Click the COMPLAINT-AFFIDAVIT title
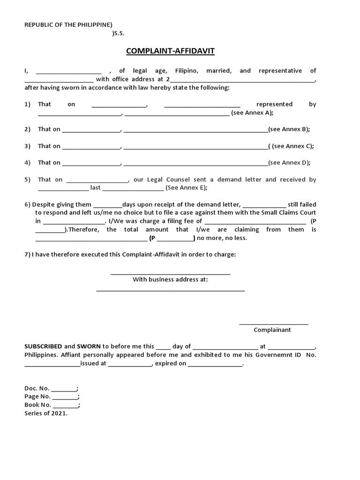pyautogui.click(x=170, y=51)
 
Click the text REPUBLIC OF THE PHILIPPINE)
pyautogui.click(x=68, y=24)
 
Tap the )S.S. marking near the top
pyautogui.click(x=119, y=33)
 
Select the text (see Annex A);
pyautogui.click(x=253, y=112)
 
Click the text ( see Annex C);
pyautogui.click(x=291, y=146)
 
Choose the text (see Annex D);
pyautogui.click(x=289, y=163)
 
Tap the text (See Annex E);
pyautogui.click(x=187, y=187)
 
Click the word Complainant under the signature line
pyautogui.click(x=272, y=330)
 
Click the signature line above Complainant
pyautogui.click(x=274, y=324)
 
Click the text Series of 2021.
pyautogui.click(x=46, y=413)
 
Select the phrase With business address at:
pyautogui.click(x=170, y=279)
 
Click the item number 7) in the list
pyautogui.click(x=27, y=254)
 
